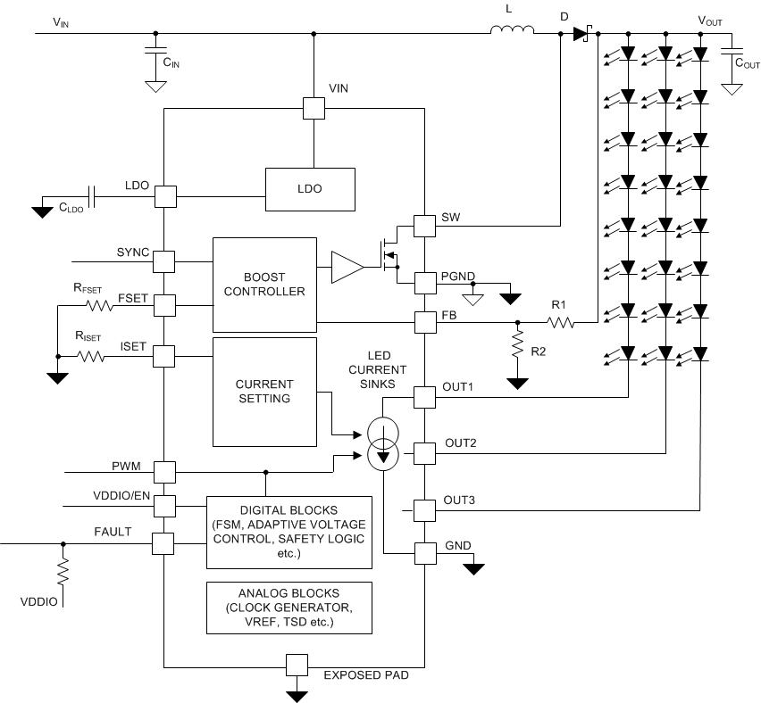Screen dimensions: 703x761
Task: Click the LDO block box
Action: pyautogui.click(x=310, y=189)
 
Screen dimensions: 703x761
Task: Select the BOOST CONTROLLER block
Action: pyautogui.click(x=264, y=285)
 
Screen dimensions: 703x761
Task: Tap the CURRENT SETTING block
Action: pyautogui.click(x=264, y=392)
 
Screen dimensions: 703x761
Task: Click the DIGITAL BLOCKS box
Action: pyautogui.click(x=289, y=532)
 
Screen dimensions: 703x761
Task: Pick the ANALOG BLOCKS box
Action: pyautogui.click(x=289, y=608)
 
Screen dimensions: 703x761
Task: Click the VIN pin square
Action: pyautogui.click(x=314, y=108)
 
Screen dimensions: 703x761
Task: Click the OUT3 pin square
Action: pyautogui.click(x=423, y=510)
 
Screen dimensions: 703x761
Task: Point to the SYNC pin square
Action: pyautogui.click(x=164, y=261)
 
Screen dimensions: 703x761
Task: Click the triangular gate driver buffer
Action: pyautogui.click(x=347, y=269)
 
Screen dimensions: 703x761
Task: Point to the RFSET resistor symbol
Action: pyautogui.click(x=99, y=305)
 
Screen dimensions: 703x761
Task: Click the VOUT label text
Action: pyautogui.click(x=710, y=20)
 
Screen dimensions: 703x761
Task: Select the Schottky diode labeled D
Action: pyautogui.click(x=581, y=34)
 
